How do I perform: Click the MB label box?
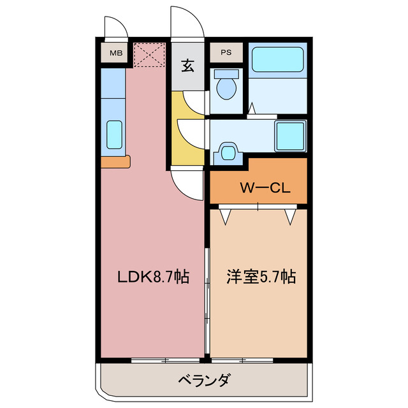coord(115,53)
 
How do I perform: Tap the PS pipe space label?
coord(226,53)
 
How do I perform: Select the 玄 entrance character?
coord(188,65)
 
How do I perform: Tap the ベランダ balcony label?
coord(203,381)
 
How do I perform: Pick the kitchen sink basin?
coord(115,134)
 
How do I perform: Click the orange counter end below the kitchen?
coord(115,162)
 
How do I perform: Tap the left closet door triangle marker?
coord(226,217)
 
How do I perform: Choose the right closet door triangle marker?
coord(291,217)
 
